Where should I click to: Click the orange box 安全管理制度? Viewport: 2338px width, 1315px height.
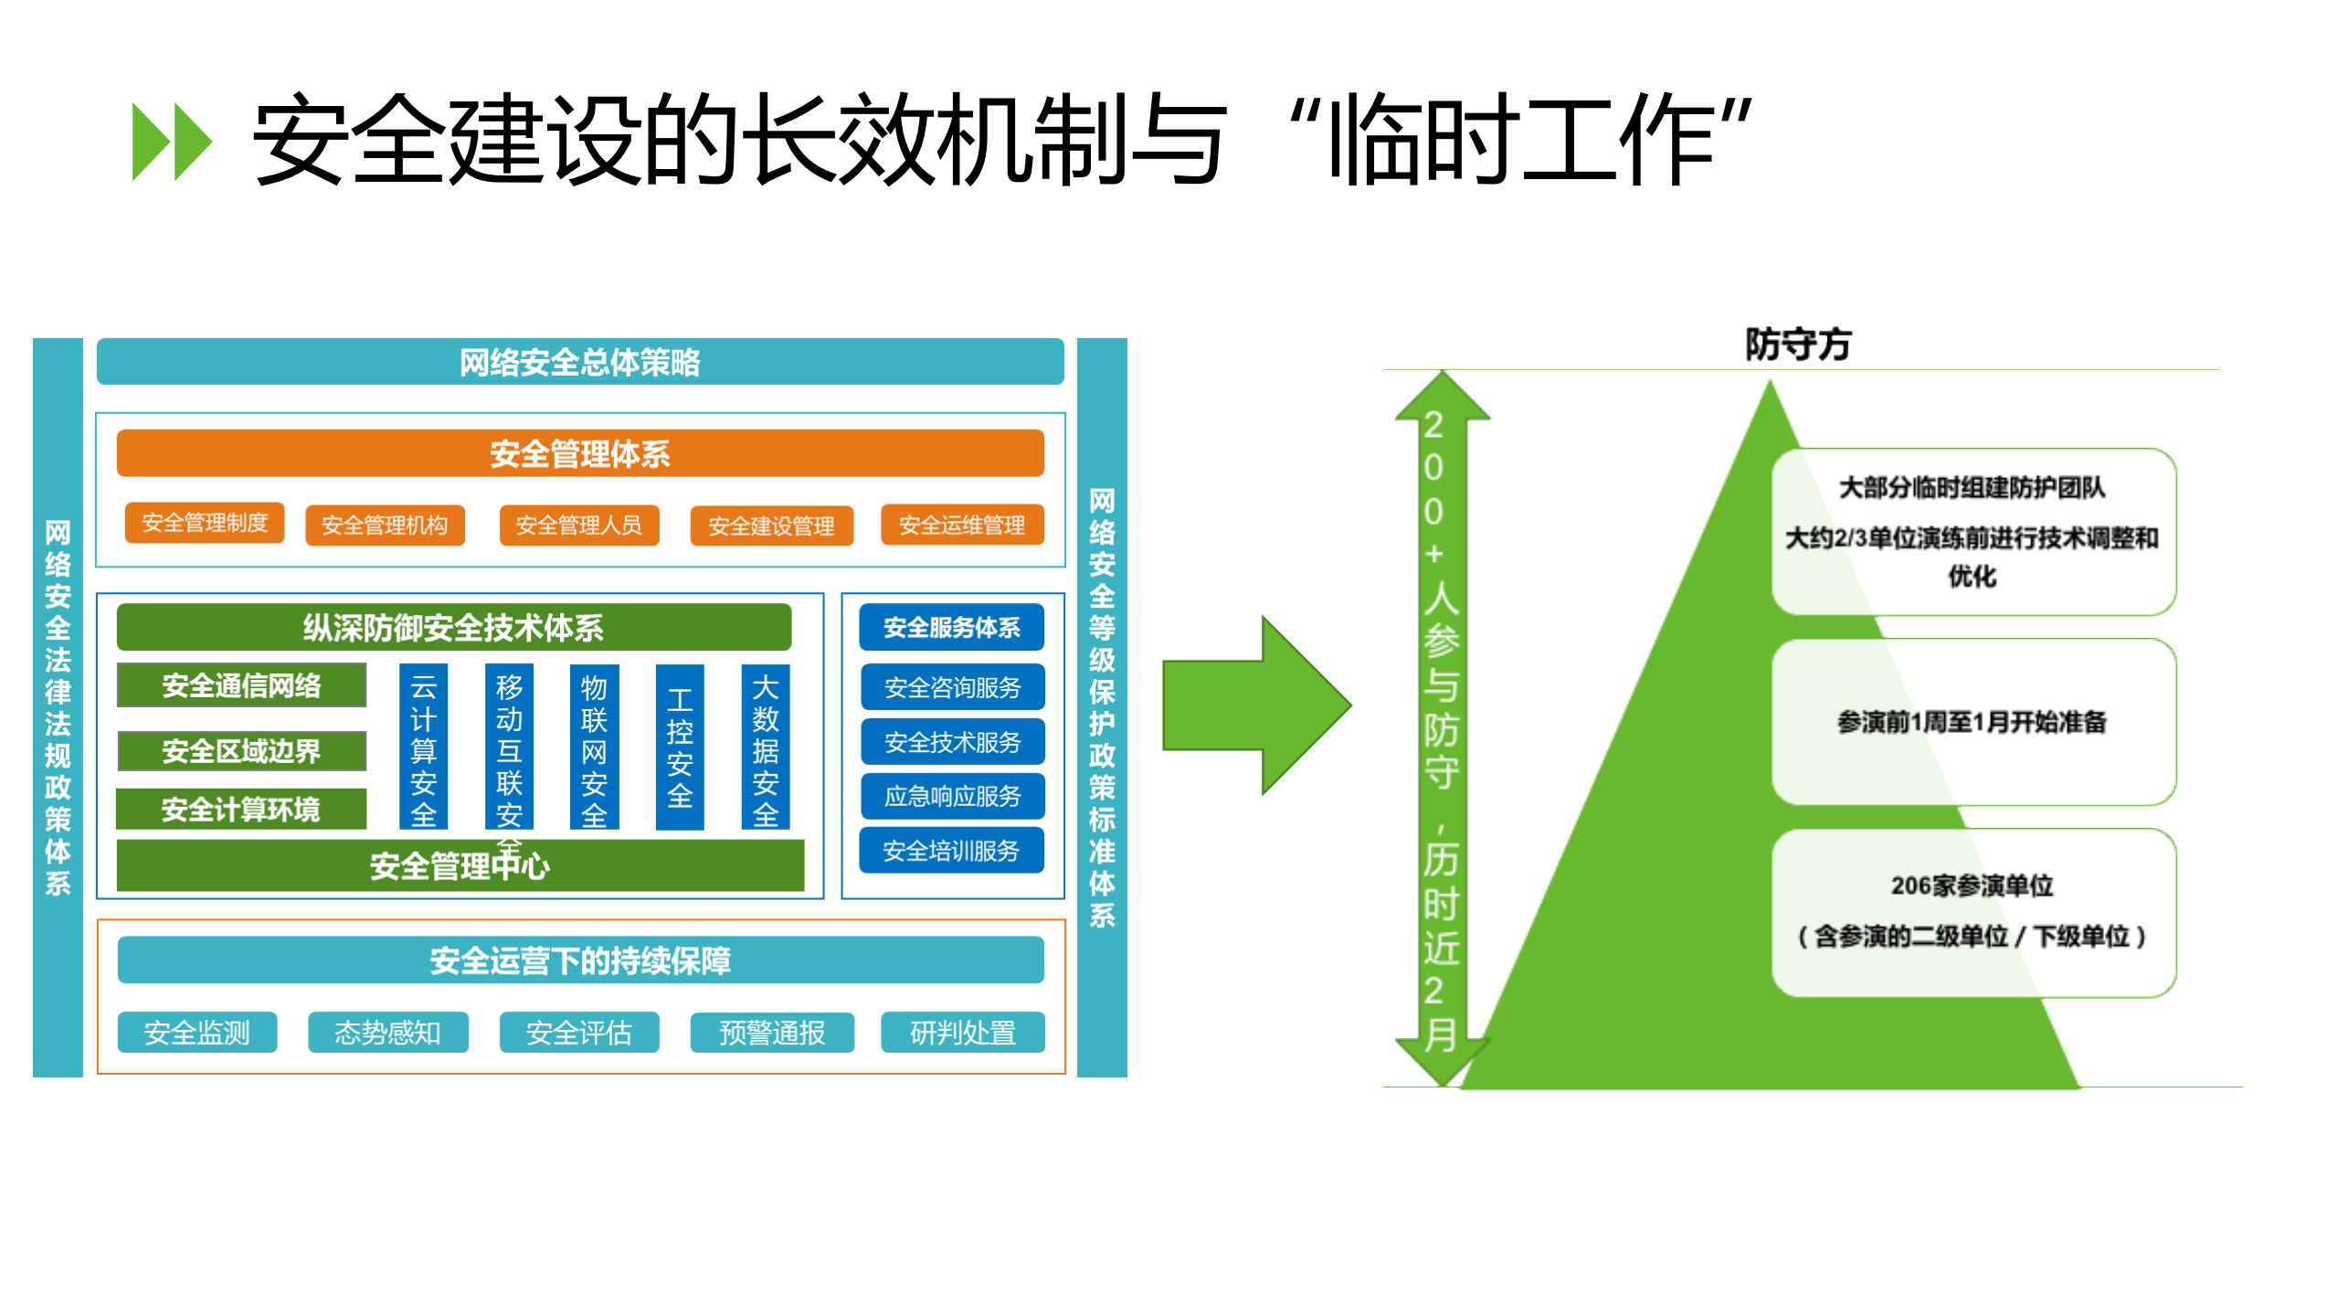[x=204, y=523]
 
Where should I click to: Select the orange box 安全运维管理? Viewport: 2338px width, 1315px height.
[x=961, y=525]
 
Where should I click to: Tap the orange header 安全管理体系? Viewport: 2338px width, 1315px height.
[x=579, y=453]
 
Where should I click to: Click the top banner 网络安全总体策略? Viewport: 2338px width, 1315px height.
[x=579, y=362]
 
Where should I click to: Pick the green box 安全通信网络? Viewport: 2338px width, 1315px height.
[x=241, y=685]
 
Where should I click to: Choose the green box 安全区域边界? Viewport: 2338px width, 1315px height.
[x=241, y=751]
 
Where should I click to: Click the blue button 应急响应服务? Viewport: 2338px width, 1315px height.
[x=951, y=796]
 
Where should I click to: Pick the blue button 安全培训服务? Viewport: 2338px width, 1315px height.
[x=951, y=851]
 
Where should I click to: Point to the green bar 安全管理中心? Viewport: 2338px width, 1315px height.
[x=460, y=865]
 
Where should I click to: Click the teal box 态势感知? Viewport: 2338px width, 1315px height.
[x=387, y=1033]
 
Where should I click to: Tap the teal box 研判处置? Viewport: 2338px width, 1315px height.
[x=962, y=1033]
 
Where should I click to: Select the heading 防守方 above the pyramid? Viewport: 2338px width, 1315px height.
[x=1797, y=345]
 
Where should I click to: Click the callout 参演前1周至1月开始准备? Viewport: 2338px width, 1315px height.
[x=1972, y=722]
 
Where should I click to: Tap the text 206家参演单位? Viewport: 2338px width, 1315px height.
[x=1972, y=886]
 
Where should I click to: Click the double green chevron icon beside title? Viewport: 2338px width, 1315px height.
[x=172, y=142]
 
